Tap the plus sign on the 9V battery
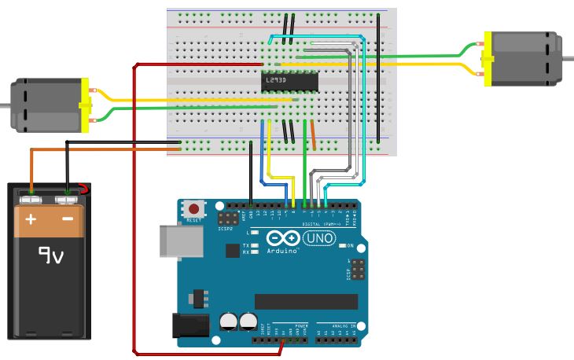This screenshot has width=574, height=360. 31,219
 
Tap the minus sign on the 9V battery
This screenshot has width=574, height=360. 68,219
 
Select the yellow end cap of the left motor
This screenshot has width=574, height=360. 85,105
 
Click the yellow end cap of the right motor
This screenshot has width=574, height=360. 488,59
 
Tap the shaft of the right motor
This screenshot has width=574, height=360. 568,59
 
